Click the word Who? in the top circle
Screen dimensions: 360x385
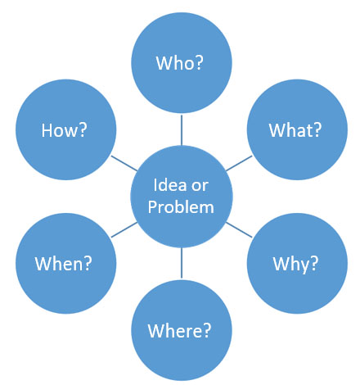pyautogui.click(x=180, y=63)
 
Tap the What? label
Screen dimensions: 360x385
pyautogui.click(x=295, y=130)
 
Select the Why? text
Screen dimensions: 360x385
pyautogui.click(x=295, y=264)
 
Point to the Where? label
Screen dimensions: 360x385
pyautogui.click(x=179, y=331)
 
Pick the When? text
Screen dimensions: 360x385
pyautogui.click(x=64, y=264)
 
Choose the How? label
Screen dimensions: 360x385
pyautogui.click(x=64, y=130)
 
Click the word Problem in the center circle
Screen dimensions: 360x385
pyautogui.click(x=181, y=207)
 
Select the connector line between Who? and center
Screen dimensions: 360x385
pyautogui.click(x=182, y=130)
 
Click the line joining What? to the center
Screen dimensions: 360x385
pyautogui.click(x=239, y=163)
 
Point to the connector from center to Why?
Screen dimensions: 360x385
pyautogui.click(x=239, y=230)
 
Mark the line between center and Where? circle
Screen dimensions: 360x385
pyautogui.click(x=182, y=263)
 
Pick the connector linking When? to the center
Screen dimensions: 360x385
pyautogui.click(x=124, y=230)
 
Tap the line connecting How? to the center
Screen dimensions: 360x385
pyautogui.click(x=124, y=163)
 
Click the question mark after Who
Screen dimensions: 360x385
pyautogui.click(x=200, y=63)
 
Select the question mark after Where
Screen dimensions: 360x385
pyautogui.click(x=207, y=331)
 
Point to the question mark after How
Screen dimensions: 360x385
pyautogui.click(x=83, y=130)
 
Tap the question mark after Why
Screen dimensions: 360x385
pyautogui.click(x=314, y=264)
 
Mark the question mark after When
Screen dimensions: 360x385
pyautogui.click(x=88, y=264)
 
